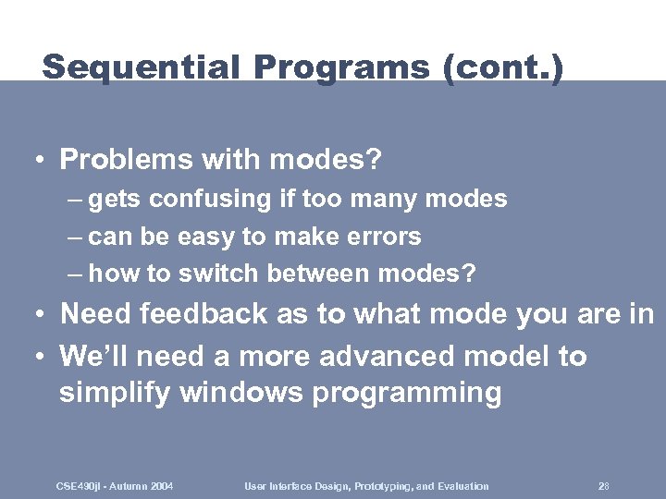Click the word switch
[221, 274]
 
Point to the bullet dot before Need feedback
[42, 315]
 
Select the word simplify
[115, 393]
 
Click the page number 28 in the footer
[603, 486]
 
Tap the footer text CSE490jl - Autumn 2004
[115, 486]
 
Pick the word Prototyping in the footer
[371, 486]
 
